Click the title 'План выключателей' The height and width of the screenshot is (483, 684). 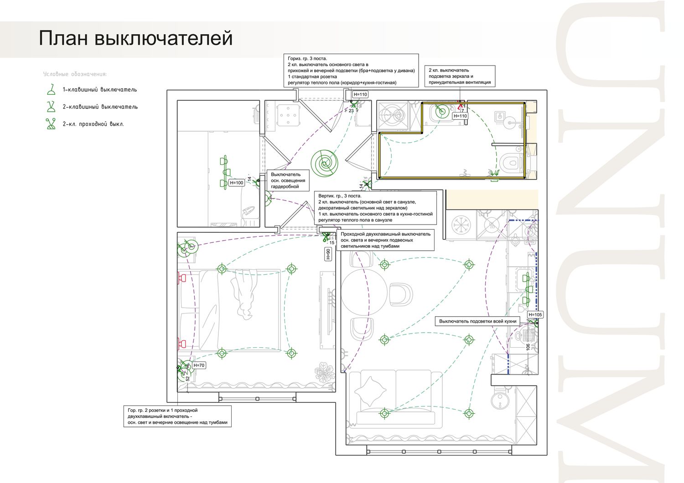click(135, 38)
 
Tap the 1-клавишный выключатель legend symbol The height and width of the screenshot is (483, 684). click(51, 89)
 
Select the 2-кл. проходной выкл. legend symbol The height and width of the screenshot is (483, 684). click(51, 124)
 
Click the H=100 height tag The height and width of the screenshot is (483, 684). click(236, 183)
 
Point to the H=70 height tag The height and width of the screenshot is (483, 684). click(199, 365)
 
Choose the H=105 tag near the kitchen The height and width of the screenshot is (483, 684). click(535, 314)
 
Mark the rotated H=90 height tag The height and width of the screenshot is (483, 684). click(328, 254)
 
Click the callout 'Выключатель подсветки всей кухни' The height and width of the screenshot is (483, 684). click(477, 321)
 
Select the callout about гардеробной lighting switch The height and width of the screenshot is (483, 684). click(288, 180)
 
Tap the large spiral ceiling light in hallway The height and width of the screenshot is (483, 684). click(324, 163)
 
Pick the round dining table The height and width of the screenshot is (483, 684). click(364, 292)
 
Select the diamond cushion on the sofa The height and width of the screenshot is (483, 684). click(371, 391)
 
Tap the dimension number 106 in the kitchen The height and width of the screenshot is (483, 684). click(528, 347)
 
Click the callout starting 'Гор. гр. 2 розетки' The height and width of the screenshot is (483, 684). click(177, 416)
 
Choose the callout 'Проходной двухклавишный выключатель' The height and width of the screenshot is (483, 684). click(385, 240)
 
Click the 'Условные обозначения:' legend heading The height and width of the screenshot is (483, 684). click(75, 74)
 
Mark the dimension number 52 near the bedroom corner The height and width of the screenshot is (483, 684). click(187, 378)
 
